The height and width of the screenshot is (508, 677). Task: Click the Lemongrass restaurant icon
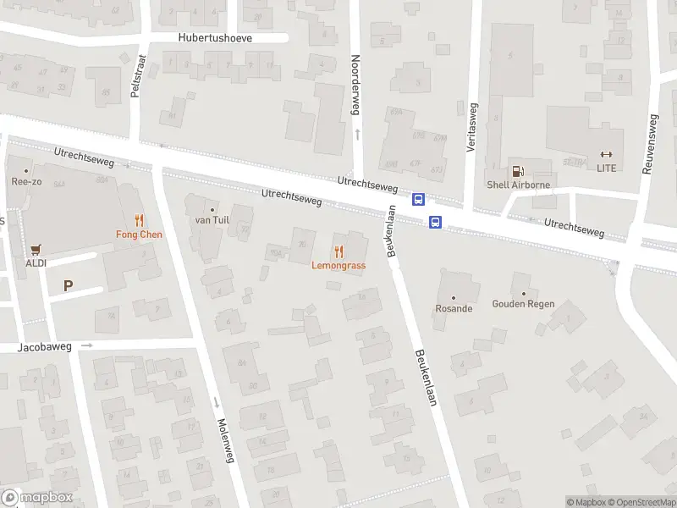[338, 251]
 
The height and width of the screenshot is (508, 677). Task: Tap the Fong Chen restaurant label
[139, 235]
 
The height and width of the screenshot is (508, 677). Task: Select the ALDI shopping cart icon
[36, 250]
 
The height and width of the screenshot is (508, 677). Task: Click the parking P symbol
[68, 286]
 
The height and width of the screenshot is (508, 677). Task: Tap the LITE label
[606, 168]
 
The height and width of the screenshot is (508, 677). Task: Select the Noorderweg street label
[356, 86]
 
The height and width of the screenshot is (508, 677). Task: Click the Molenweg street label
[223, 440]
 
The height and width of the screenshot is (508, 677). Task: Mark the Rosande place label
[454, 309]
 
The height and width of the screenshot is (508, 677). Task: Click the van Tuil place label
[212, 220]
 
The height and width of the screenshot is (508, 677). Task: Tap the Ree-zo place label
[26, 181]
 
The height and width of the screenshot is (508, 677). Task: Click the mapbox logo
[37, 498]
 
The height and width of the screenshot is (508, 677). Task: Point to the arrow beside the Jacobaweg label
[86, 345]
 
